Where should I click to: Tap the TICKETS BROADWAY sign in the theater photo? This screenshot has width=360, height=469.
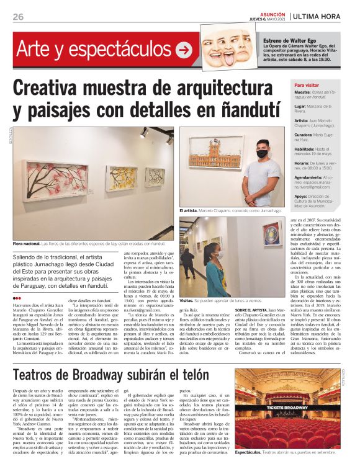click(x=287, y=406)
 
